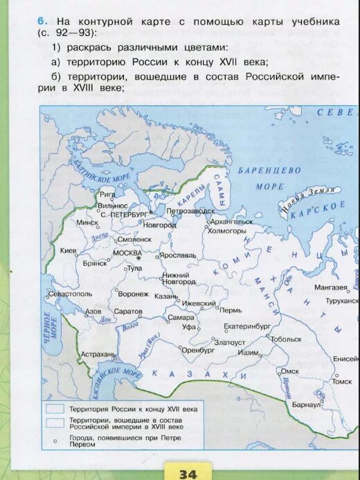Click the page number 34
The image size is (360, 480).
pyautogui.click(x=188, y=473)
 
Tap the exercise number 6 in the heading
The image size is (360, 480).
pyautogui.click(x=42, y=21)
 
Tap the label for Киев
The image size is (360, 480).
pyautogui.click(x=69, y=251)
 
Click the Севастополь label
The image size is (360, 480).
pyautogui.click(x=70, y=294)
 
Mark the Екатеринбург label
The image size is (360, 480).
pyautogui.click(x=247, y=326)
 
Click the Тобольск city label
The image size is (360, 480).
pyautogui.click(x=286, y=339)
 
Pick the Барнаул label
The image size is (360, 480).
pyautogui.click(x=307, y=403)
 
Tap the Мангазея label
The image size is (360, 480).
pyautogui.click(x=330, y=287)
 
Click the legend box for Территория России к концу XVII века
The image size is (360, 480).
pyautogui.click(x=55, y=409)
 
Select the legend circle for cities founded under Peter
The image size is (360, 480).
pyautogui.click(x=55, y=439)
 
